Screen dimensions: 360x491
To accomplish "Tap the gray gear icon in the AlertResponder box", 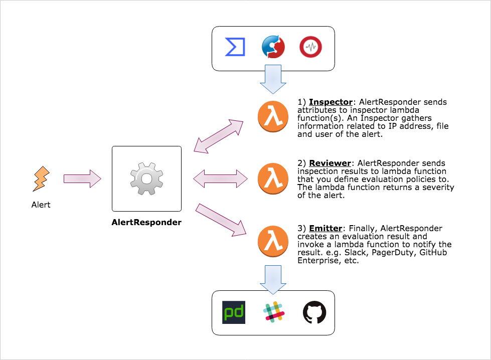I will click(x=146, y=178).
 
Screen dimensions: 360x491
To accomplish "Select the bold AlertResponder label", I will click(x=146, y=222).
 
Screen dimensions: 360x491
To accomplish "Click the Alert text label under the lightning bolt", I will click(x=41, y=205).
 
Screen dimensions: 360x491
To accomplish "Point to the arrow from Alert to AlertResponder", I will click(x=83, y=178).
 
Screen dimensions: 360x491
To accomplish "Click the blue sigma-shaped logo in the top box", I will click(x=235, y=48).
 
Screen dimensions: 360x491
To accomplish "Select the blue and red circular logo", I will click(x=273, y=48).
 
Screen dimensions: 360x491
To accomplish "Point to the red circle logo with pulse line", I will click(x=311, y=48).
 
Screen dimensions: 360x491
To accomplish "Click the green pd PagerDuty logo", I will click(x=234, y=313).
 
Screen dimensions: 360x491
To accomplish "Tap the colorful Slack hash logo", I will click(x=274, y=312).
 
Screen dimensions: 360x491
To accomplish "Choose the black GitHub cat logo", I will click(x=314, y=312).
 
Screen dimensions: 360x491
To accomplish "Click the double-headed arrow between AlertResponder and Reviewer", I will click(x=221, y=178).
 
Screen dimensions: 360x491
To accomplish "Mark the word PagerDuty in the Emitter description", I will click(x=394, y=252).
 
